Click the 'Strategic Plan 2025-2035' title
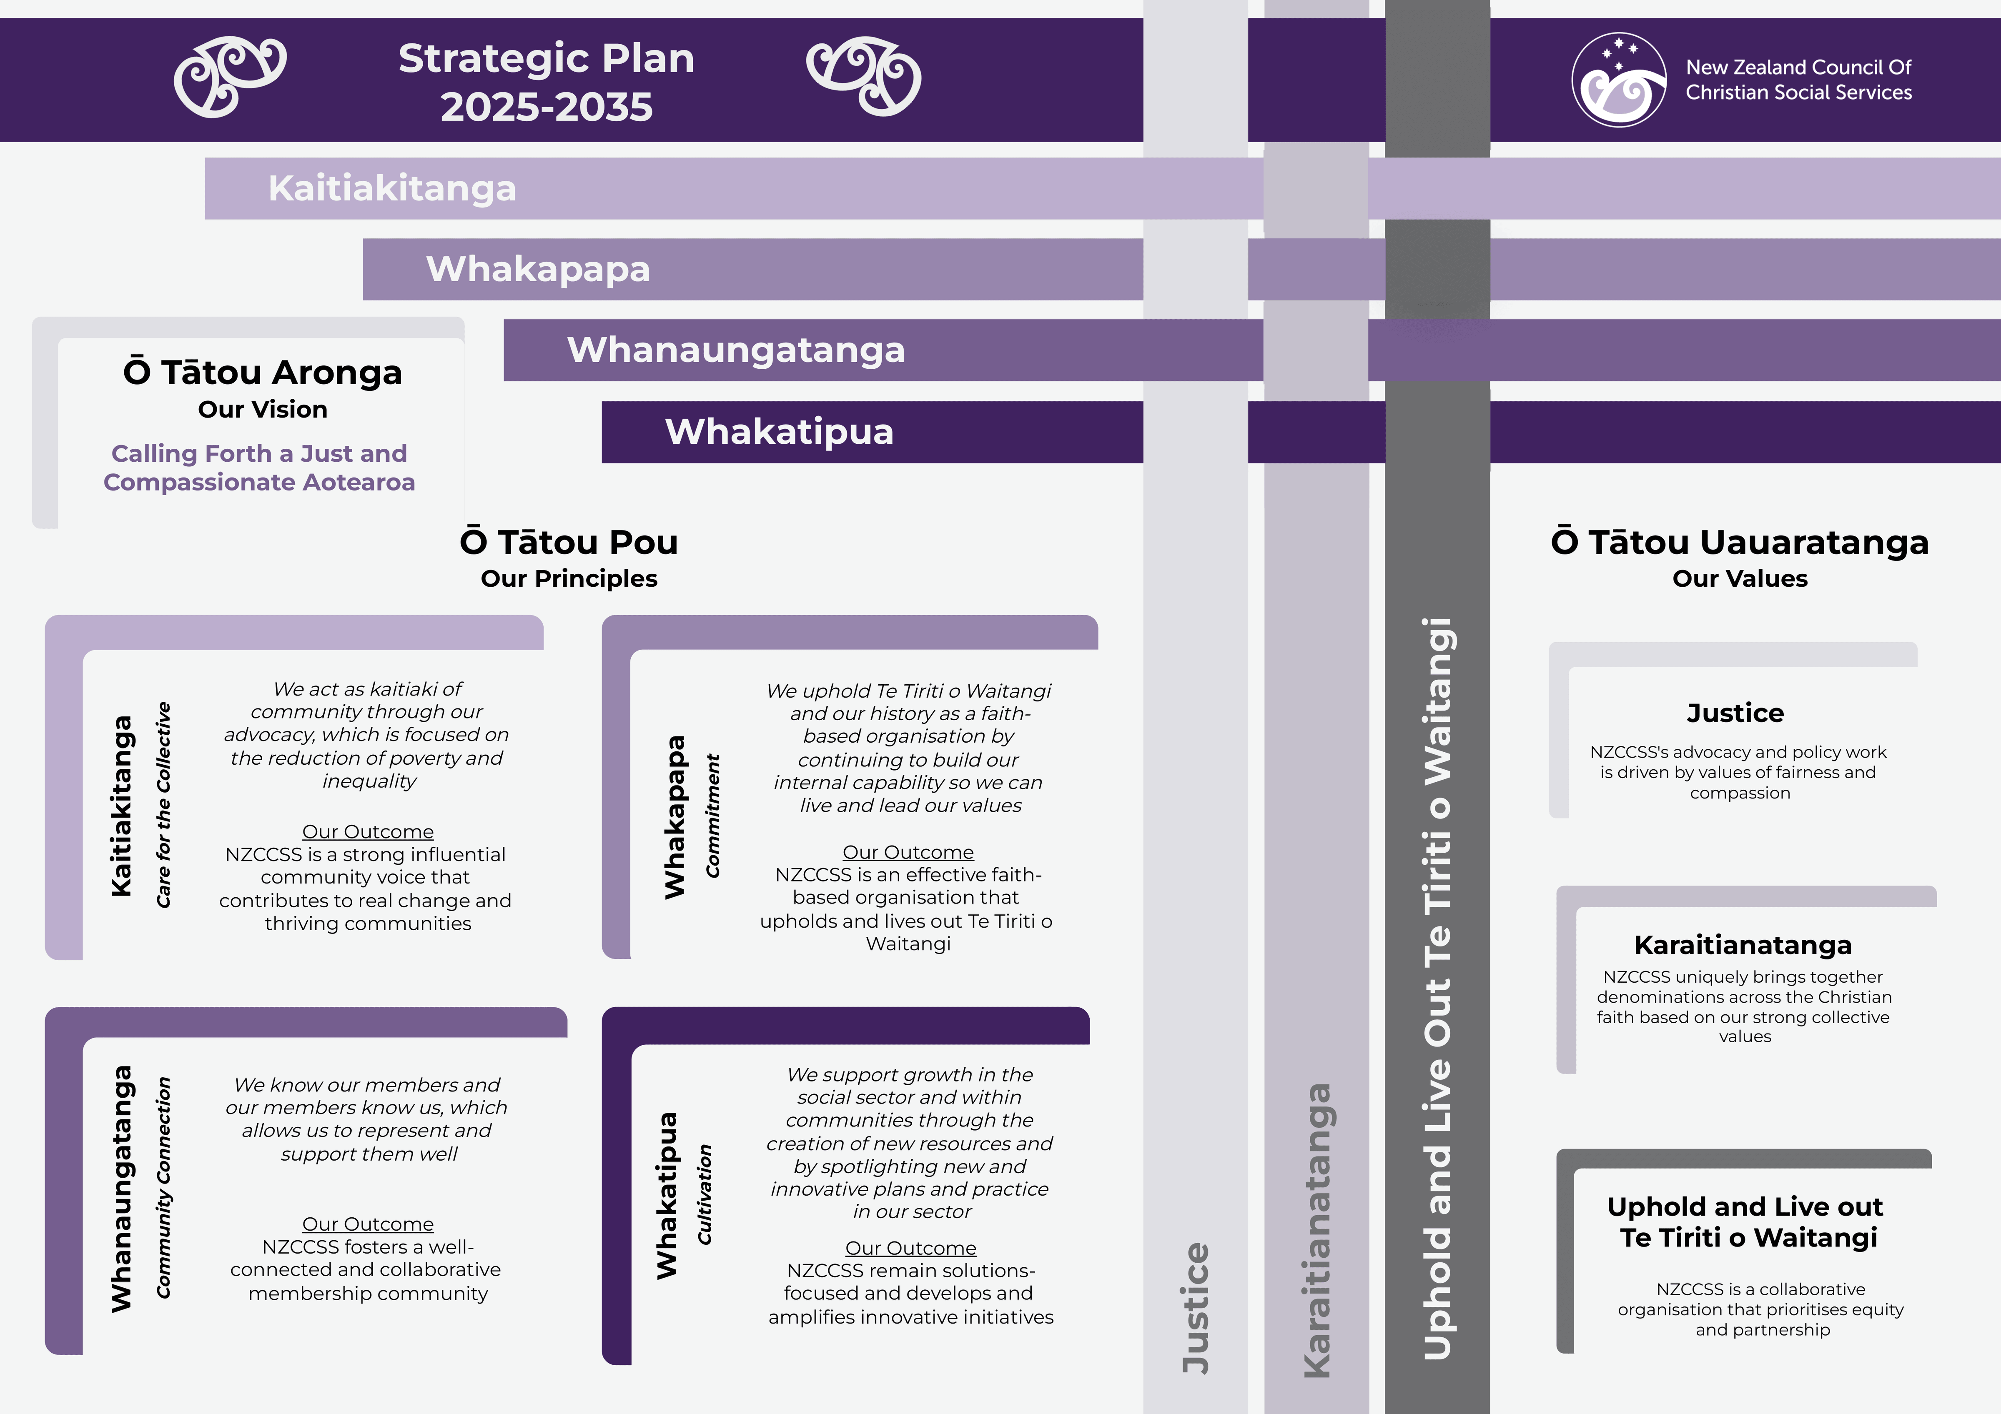(547, 82)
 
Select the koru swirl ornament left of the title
(230, 77)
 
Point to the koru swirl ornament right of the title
(864, 77)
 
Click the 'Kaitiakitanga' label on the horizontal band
(392, 188)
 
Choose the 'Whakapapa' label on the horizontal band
(538, 269)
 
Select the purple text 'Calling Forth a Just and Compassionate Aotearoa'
(259, 468)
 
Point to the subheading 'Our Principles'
(569, 578)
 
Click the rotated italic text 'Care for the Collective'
(163, 805)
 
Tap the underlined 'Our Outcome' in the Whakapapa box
(908, 852)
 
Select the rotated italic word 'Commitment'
(713, 816)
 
